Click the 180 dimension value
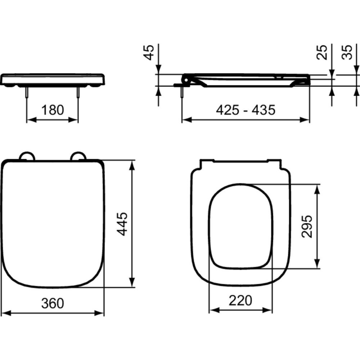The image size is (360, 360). [53, 110]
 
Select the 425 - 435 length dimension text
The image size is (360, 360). [246, 110]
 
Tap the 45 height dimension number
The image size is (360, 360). [149, 53]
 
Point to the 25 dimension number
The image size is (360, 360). [322, 52]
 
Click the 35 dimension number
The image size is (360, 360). [347, 52]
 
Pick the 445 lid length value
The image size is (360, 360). [122, 224]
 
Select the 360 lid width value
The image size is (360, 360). [53, 303]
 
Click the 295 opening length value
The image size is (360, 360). [307, 226]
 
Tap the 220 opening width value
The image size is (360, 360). [240, 301]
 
